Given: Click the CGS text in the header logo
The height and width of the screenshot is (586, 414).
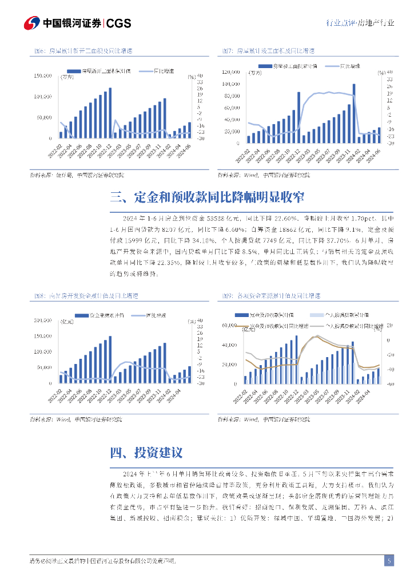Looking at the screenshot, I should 119,23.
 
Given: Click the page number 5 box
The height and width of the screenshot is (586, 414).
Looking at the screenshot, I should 389,560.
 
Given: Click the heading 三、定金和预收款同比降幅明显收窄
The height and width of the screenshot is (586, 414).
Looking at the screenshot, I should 206,197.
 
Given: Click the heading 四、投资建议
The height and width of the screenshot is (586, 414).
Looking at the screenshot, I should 146,453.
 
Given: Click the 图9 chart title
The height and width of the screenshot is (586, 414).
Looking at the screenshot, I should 271,296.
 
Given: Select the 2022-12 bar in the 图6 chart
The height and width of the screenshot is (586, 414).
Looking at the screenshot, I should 110,113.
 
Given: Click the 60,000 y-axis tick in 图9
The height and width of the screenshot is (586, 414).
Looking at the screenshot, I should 229,326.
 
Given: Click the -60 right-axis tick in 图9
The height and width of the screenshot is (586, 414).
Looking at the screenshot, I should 389,384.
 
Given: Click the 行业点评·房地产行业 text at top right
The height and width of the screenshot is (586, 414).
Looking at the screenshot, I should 359,23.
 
